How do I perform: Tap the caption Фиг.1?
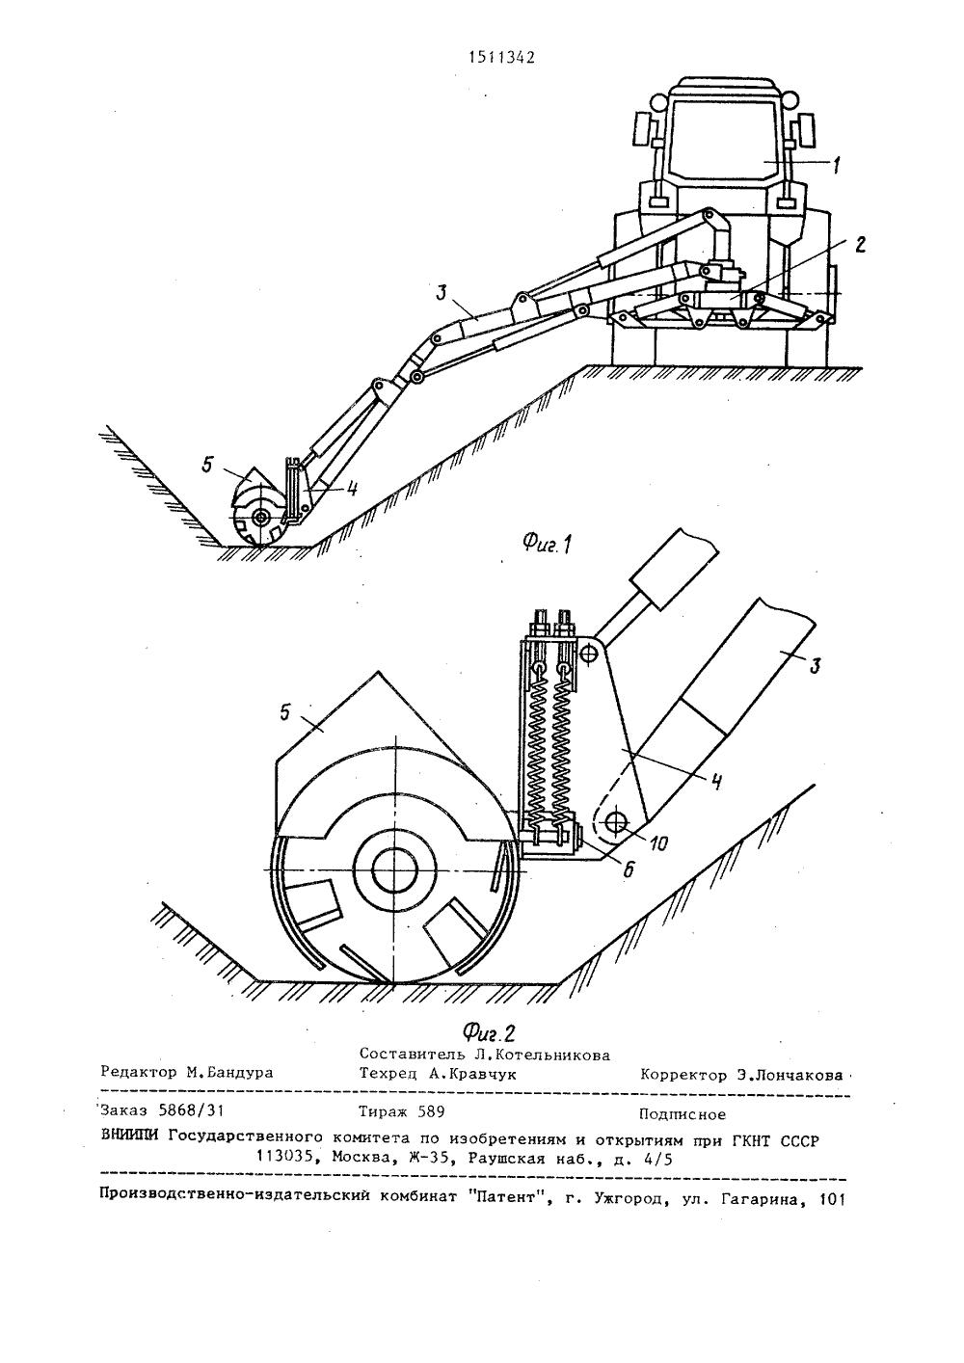548,544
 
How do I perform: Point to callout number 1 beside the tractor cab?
837,164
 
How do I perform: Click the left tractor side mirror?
642,129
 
